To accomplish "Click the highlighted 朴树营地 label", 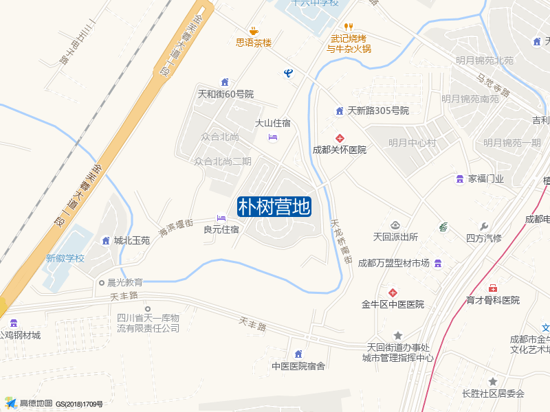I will pyautogui.click(x=274, y=207).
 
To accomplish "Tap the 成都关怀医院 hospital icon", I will pyautogui.click(x=339, y=138).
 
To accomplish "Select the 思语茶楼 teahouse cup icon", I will pyautogui.click(x=254, y=30).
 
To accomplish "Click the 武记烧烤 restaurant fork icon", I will pyautogui.click(x=348, y=27).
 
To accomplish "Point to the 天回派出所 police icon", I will pyautogui.click(x=395, y=225).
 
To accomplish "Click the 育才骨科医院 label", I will pyautogui.click(x=492, y=300).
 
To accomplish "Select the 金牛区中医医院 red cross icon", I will pyautogui.click(x=393, y=293).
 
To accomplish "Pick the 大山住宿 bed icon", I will pyautogui.click(x=273, y=137).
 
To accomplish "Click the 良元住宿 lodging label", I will pyautogui.click(x=221, y=229).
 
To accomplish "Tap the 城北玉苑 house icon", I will pyautogui.click(x=106, y=240).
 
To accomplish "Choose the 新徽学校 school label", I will pyautogui.click(x=65, y=259).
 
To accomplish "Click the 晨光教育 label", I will pyautogui.click(x=124, y=282).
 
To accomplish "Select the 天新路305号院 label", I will pyautogui.click(x=378, y=111).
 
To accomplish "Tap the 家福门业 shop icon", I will pyautogui.click(x=459, y=179).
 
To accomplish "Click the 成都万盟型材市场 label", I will pyautogui.click(x=393, y=264).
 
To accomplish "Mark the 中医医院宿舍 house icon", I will pyautogui.click(x=298, y=354).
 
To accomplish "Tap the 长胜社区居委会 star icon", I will pyautogui.click(x=492, y=381).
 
